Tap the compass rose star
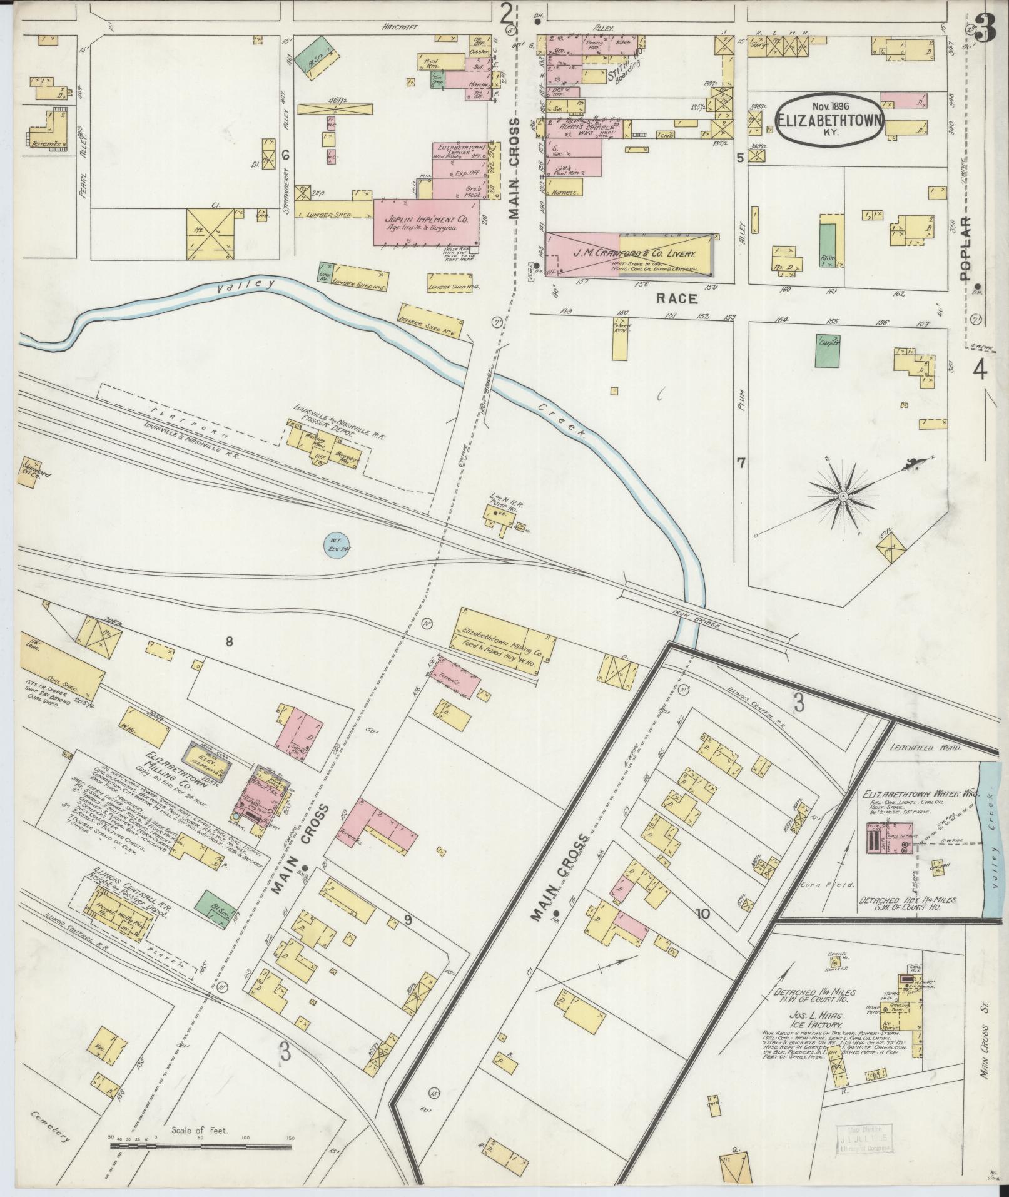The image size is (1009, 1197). pyautogui.click(x=843, y=496)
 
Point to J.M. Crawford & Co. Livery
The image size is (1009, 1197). pyautogui.click(x=631, y=255)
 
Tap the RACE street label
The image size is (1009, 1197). pyautogui.click(x=676, y=299)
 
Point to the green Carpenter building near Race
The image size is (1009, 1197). pyautogui.click(x=829, y=343)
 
